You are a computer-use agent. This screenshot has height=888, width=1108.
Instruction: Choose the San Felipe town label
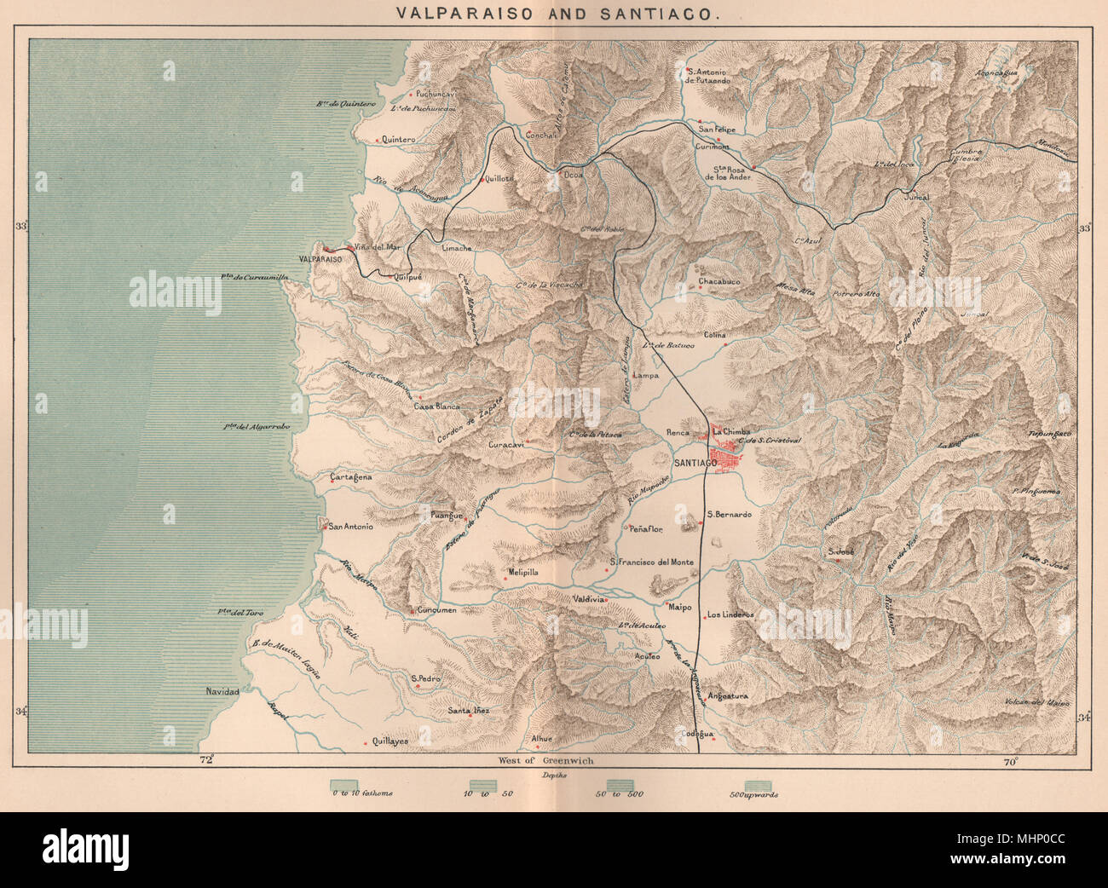coord(717,129)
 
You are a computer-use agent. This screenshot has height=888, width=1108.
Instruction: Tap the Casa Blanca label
coord(437,407)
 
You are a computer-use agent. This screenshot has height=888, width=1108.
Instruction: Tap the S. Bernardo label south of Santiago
coord(729,515)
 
